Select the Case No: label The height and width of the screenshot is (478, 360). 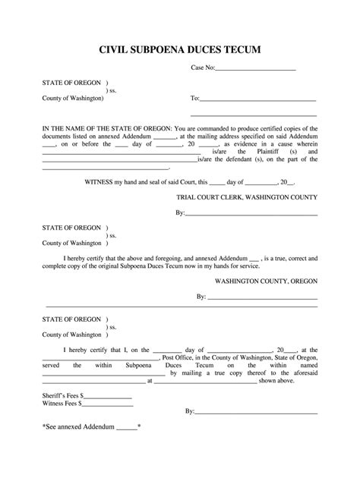tap(203, 68)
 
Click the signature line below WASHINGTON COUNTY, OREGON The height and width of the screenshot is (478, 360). tap(262, 299)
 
